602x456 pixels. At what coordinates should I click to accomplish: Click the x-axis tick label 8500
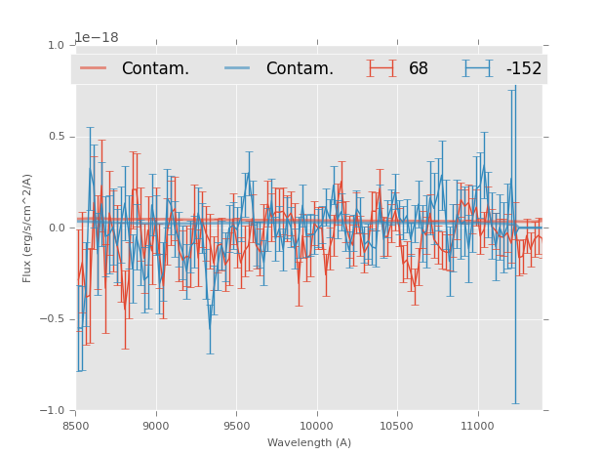[76, 426]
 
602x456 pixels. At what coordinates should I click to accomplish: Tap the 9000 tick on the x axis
[156, 426]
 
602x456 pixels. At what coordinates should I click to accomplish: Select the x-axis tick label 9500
[236, 426]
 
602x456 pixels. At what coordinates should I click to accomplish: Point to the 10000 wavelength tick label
[316, 426]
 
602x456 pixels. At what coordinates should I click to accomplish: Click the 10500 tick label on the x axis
[397, 426]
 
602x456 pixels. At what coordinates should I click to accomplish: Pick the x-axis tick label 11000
[477, 426]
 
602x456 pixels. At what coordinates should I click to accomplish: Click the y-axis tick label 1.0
[55, 45]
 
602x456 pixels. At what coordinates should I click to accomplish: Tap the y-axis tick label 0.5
[55, 137]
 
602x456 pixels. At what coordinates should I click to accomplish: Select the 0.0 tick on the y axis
[55, 228]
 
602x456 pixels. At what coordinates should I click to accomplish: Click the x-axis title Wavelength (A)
[309, 442]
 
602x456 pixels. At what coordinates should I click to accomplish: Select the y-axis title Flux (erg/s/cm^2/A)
[28, 228]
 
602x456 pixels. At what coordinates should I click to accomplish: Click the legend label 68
[419, 69]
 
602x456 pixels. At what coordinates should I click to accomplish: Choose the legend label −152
[523, 69]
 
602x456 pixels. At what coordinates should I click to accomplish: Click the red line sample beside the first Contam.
[94, 68]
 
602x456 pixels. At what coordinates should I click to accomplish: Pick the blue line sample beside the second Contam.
[237, 68]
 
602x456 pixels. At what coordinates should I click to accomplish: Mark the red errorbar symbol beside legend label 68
[381, 68]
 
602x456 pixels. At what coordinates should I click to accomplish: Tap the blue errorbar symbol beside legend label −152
[478, 68]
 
